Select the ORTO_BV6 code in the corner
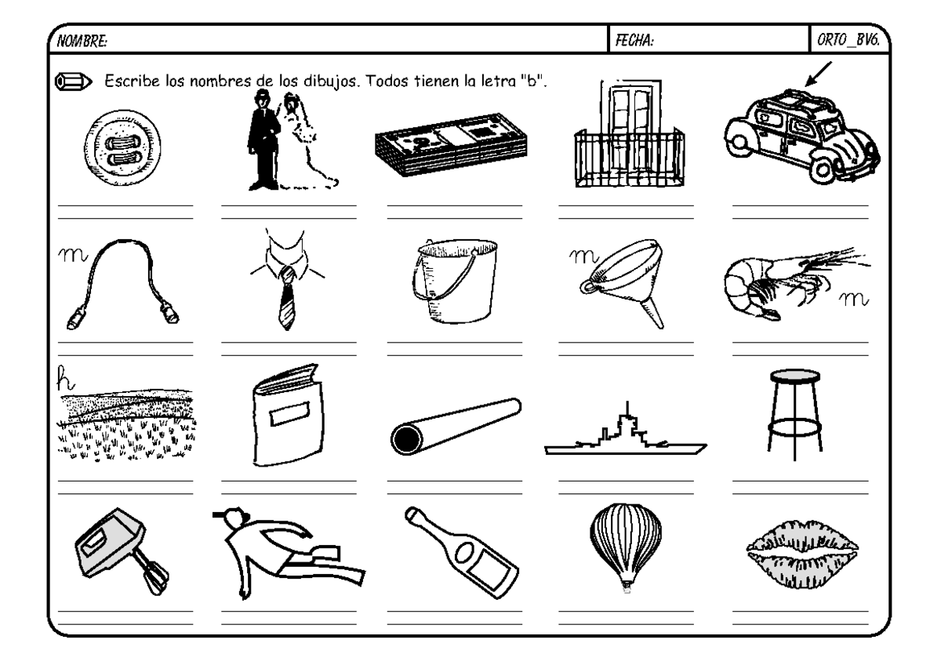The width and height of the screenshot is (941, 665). click(x=850, y=40)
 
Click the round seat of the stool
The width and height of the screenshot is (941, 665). click(x=792, y=376)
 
